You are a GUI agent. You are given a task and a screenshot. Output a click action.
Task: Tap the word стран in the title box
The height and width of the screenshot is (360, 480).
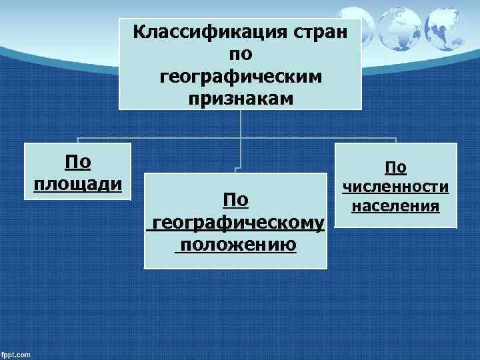tap(323, 32)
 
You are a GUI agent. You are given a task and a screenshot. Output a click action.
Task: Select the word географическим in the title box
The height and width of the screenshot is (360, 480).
tap(241, 77)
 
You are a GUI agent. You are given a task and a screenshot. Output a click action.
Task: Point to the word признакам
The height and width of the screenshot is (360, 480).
tap(240, 99)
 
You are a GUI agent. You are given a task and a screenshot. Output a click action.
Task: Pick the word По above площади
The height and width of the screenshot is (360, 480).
tap(77, 161)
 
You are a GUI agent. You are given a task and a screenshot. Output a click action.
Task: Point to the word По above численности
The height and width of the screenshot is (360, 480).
tap(395, 169)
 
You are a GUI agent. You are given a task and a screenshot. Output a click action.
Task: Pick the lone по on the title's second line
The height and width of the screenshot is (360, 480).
tap(240, 55)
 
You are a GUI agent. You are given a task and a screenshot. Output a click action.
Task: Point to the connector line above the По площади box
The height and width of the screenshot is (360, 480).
tap(79, 140)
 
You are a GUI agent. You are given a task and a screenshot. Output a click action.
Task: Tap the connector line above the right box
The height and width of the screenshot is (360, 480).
tap(396, 140)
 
